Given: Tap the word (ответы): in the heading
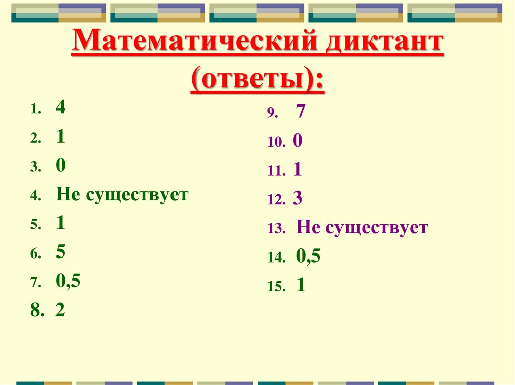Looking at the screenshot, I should (x=257, y=81).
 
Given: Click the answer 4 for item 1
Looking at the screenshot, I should (x=61, y=108).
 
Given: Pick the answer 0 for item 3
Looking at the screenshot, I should (x=61, y=166).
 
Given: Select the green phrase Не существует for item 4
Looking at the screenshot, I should (x=122, y=195).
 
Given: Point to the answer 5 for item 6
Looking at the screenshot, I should (x=61, y=253).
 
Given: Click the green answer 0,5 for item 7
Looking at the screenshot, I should (x=68, y=282).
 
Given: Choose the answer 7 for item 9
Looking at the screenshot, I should (x=301, y=112).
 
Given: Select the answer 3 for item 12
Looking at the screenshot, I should (x=297, y=199).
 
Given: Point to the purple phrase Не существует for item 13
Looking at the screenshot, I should (x=362, y=228).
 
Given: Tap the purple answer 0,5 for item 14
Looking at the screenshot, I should (x=308, y=257).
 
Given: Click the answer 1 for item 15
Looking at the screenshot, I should (x=301, y=286).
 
